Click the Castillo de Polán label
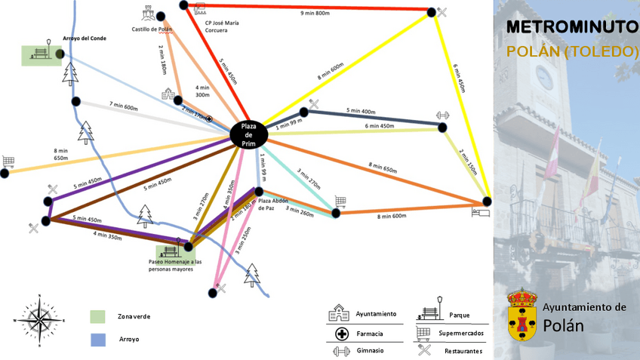152,29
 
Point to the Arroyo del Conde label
84,38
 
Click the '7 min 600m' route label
124,106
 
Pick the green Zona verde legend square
97,316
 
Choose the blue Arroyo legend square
97,339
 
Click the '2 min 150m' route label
469,160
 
